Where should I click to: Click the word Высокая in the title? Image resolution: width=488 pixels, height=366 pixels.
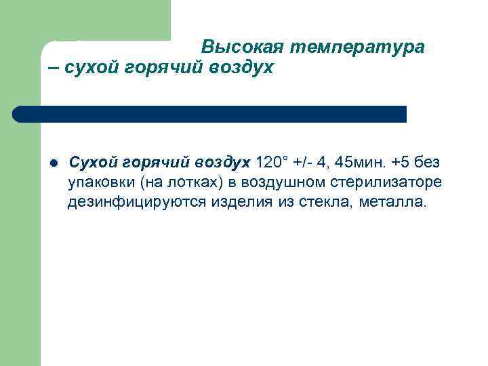coord(243,47)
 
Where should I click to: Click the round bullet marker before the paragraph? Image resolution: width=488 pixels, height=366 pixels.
coord(54,163)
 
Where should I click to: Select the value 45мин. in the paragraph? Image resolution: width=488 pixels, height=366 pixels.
coord(359,163)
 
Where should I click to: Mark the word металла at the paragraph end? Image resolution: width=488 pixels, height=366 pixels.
coord(393,201)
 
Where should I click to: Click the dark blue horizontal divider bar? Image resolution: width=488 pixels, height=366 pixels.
coord(210,114)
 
